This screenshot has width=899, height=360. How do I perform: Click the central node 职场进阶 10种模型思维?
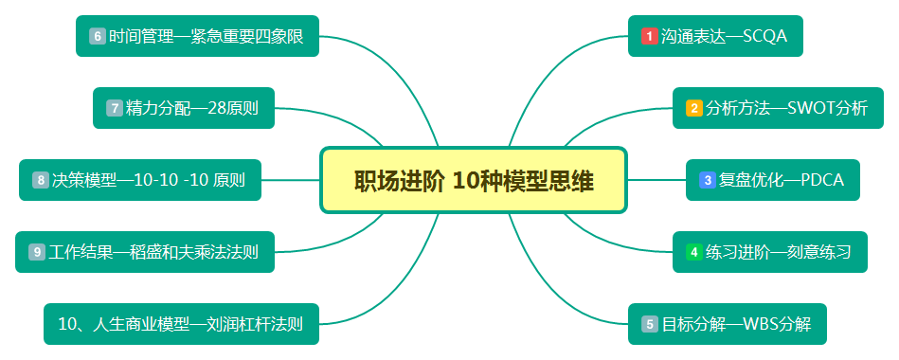[x=474, y=180]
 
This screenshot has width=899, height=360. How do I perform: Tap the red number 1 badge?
[x=649, y=36]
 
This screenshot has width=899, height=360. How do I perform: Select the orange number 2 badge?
[x=693, y=108]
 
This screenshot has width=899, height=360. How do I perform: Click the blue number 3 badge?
[x=707, y=180]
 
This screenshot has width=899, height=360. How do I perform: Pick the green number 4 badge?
[x=693, y=252]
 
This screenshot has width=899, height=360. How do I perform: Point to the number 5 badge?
[x=649, y=324]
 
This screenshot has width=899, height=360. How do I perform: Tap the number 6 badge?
[x=97, y=36]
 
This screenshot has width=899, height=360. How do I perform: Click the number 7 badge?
[x=114, y=108]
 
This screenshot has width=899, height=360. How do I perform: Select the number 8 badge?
[x=40, y=180]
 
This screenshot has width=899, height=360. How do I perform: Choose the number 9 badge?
[x=36, y=252]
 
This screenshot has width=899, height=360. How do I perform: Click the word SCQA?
[x=771, y=36]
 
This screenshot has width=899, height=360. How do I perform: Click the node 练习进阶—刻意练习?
[x=766, y=252]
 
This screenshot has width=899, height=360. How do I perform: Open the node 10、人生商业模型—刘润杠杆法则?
[x=180, y=324]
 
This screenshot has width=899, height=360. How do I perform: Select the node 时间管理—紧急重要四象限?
[x=197, y=36]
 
